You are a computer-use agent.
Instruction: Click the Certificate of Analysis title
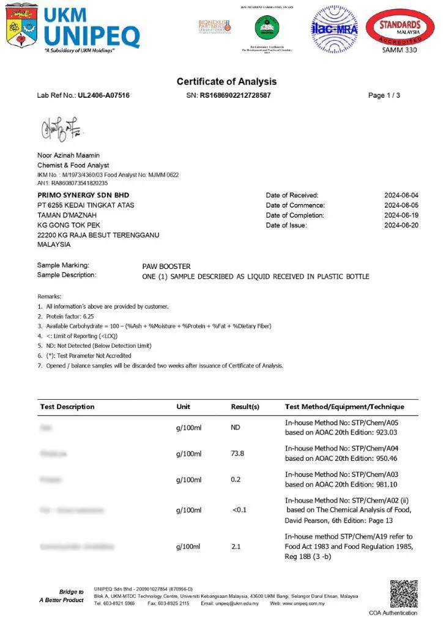click(x=226, y=81)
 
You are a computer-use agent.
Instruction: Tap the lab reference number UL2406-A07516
click(x=103, y=95)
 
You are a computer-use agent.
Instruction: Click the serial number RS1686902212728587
click(x=235, y=95)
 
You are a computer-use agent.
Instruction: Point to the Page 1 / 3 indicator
click(x=384, y=95)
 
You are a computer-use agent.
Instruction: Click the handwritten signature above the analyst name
click(x=62, y=128)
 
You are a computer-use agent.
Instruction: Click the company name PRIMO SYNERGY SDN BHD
click(x=83, y=195)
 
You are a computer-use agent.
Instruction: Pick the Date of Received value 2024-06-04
click(x=401, y=196)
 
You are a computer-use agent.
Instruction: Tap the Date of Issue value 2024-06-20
click(x=401, y=225)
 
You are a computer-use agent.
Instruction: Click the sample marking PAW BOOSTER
click(x=166, y=267)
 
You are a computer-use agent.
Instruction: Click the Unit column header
click(x=183, y=407)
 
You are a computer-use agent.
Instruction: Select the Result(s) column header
click(x=245, y=407)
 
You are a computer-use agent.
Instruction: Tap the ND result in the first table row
click(x=236, y=427)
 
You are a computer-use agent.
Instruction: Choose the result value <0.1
click(x=239, y=510)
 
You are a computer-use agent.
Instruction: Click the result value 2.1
click(x=236, y=546)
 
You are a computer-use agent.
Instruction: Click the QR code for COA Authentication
click(x=403, y=594)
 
